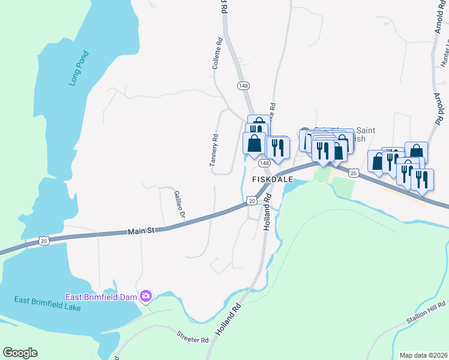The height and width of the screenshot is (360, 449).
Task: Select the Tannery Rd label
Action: pos(213,151)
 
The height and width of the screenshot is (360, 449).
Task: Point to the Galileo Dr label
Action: pos(178,204)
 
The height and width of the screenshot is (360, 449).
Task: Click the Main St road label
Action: pos(142,230)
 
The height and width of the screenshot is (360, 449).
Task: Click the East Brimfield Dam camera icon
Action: pos(145,296)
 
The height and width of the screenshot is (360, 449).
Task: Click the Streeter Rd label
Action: pos(192,337)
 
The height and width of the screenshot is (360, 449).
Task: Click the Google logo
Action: pos(20,353)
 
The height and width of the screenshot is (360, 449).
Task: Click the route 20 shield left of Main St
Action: pos(43,241)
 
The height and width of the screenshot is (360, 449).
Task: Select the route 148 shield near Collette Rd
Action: pos(243,86)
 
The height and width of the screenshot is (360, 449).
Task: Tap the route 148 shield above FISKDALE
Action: pos(264,163)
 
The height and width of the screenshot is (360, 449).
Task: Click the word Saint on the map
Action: pos(366,130)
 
